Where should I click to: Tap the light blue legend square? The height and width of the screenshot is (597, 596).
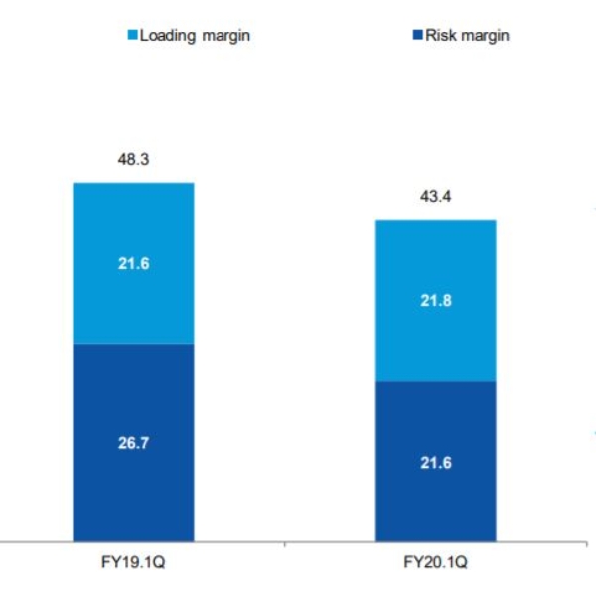[131, 36]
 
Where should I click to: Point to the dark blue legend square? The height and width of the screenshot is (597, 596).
[417, 36]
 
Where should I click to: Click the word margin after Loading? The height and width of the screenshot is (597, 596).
[222, 36]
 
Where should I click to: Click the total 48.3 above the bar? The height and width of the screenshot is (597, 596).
[132, 158]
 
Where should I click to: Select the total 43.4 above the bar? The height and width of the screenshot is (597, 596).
[435, 197]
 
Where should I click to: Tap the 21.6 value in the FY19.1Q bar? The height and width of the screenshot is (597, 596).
[132, 263]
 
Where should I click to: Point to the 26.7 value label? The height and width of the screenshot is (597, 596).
[132, 443]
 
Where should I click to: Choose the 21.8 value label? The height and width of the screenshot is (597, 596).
[435, 300]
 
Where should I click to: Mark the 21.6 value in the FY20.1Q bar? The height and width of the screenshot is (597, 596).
[435, 462]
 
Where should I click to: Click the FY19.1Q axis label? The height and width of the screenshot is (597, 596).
[132, 563]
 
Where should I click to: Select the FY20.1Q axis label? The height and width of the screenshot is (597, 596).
[435, 563]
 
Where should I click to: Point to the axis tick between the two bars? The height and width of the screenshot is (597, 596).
[284, 546]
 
